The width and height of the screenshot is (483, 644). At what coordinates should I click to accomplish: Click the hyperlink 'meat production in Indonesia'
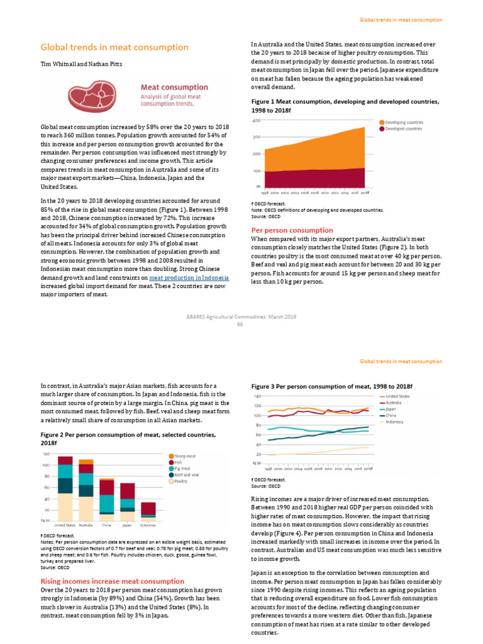tap(189, 277)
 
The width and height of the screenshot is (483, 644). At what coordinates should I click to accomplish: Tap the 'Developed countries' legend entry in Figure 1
tap(403, 128)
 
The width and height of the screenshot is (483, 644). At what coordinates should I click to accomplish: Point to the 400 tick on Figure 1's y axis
tap(257, 121)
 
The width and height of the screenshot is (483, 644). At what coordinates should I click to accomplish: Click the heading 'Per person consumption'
tap(292, 230)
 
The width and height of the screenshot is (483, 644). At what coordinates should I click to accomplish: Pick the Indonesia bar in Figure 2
tap(148, 510)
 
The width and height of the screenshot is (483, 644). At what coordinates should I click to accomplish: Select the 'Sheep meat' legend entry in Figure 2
tap(185, 455)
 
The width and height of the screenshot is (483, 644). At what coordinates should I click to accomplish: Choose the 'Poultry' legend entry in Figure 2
tap(182, 481)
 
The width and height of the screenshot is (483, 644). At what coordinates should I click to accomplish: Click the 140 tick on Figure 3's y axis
tap(257, 397)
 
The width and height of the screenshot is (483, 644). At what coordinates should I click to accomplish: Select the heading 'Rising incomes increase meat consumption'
tap(112, 581)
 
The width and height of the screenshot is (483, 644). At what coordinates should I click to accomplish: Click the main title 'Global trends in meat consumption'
tap(114, 48)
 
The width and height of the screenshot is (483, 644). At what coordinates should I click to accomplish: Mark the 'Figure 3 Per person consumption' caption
tap(331, 385)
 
